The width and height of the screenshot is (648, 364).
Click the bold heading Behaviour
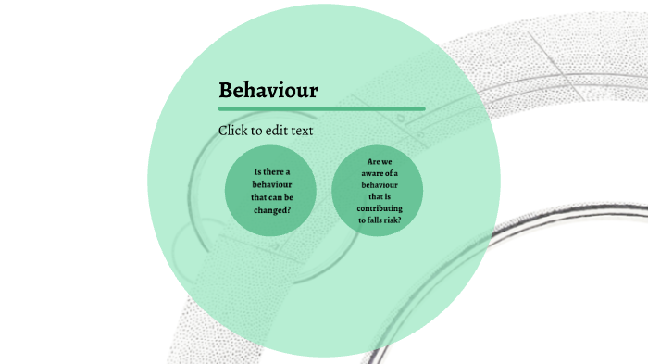point(268,91)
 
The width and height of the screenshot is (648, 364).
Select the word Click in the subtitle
point(234,131)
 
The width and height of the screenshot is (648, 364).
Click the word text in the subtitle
point(302,131)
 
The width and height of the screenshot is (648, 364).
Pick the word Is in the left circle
point(258,172)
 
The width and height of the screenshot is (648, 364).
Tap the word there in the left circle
point(274,172)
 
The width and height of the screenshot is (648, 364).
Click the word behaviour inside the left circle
point(271,184)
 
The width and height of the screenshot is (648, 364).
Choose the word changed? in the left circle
point(271,209)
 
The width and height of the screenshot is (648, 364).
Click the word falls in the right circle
point(376,220)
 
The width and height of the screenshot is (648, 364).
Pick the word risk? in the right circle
point(393,220)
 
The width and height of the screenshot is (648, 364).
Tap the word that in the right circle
point(374,196)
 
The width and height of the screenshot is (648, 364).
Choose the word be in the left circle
point(292,197)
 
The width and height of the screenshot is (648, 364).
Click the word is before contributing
point(388,196)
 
